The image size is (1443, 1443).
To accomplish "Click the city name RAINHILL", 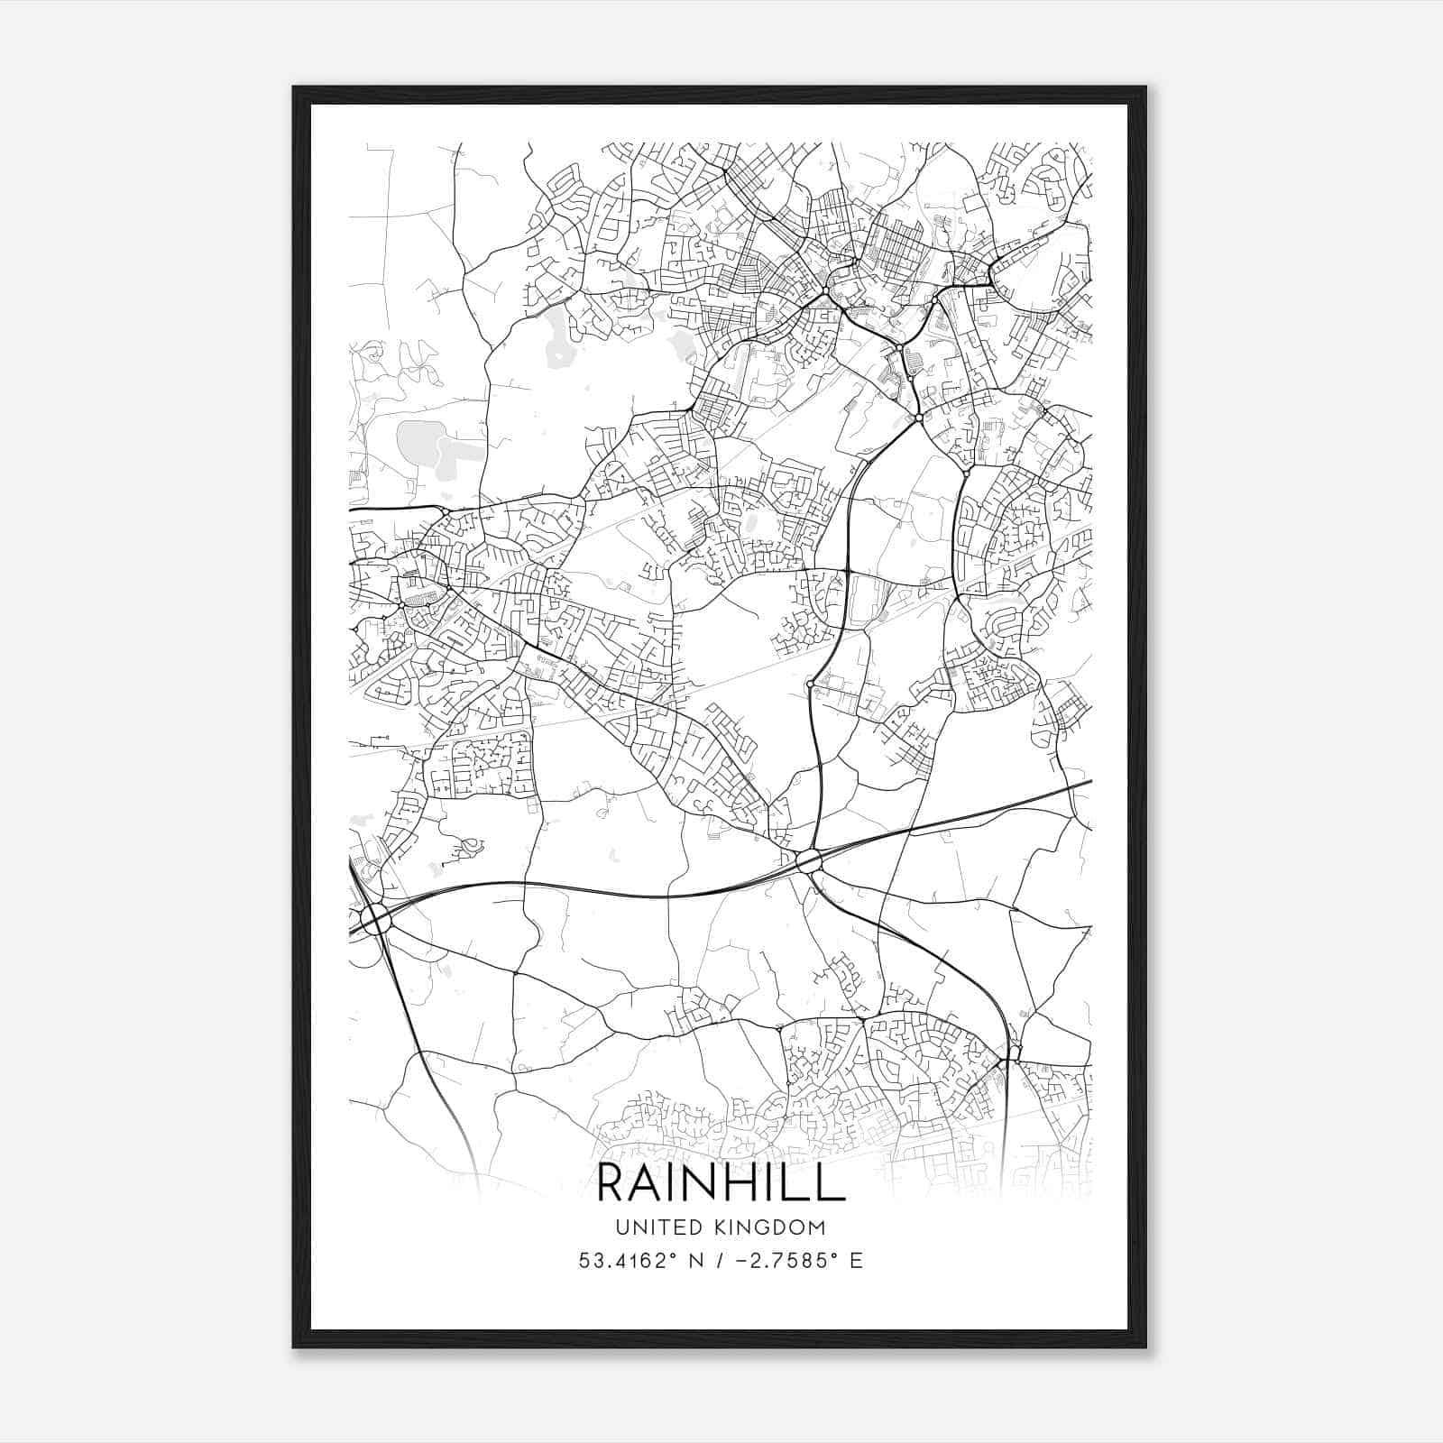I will [721, 1183].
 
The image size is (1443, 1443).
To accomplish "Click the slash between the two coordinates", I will [718, 1260].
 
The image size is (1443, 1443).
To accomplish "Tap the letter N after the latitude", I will [694, 1260].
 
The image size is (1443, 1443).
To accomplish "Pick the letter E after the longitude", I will [856, 1260].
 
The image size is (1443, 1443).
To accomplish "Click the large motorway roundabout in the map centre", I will [809, 860].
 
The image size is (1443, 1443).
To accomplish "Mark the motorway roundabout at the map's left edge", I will [377, 920].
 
